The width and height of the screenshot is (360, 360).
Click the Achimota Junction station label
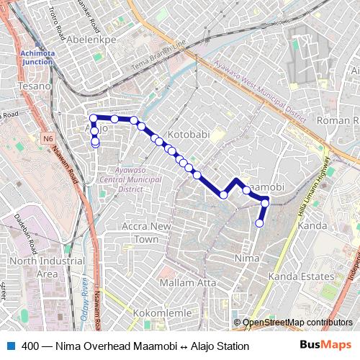(x=37, y=58)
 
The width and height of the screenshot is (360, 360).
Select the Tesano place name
(x=36, y=86)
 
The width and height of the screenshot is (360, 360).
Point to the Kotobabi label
(x=189, y=135)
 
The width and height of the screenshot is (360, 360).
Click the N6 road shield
(x=48, y=138)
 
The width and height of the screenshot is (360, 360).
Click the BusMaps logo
(x=326, y=346)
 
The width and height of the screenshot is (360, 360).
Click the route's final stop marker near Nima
(x=260, y=223)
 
